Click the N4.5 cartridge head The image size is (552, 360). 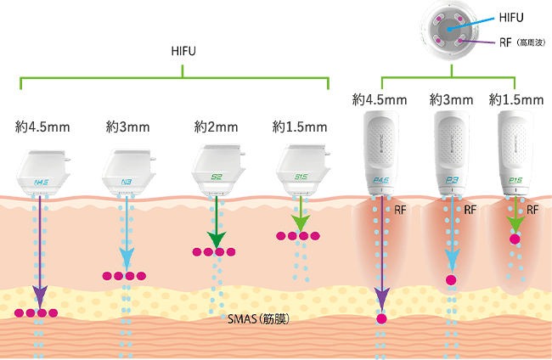44,170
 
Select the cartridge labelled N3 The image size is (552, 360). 127,170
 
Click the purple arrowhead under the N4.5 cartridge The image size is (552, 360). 38,298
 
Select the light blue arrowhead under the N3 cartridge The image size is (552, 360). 127,257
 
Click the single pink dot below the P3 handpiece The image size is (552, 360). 451,280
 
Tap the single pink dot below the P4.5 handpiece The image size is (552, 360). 381,319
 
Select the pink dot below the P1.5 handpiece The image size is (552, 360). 515,240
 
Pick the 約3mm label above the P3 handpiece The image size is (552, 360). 451,100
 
